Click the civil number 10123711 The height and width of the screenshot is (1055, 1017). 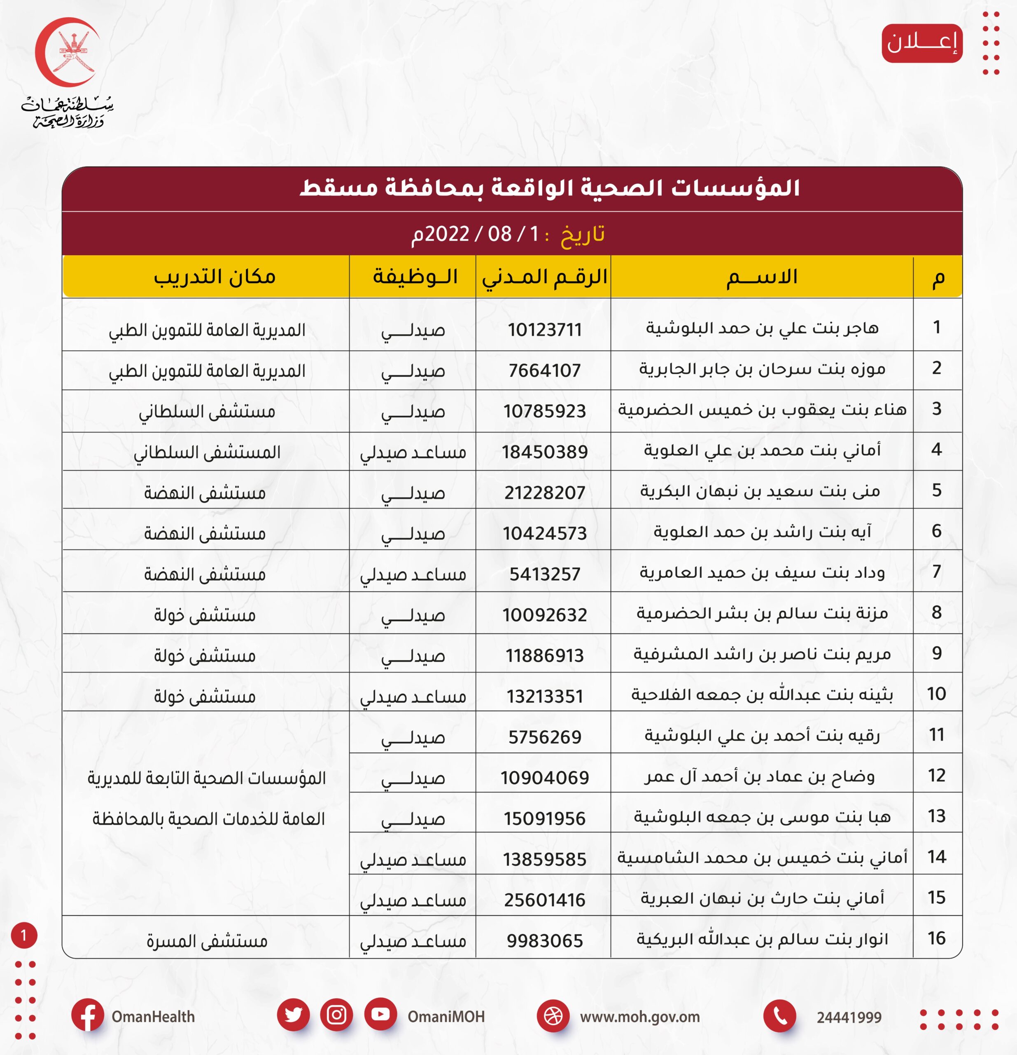pyautogui.click(x=544, y=329)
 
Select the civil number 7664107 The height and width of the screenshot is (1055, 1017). pyautogui.click(x=544, y=370)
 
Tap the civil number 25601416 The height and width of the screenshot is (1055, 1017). pyautogui.click(x=544, y=900)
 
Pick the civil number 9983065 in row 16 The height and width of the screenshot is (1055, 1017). pyautogui.click(x=544, y=940)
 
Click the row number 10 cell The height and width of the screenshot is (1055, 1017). pyautogui.click(x=936, y=694)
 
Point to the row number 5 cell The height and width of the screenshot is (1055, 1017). pyautogui.click(x=936, y=490)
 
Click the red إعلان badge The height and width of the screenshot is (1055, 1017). pyautogui.click(x=922, y=43)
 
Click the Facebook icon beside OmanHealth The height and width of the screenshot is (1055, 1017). pyautogui.click(x=87, y=1015)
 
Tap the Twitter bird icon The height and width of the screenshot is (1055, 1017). pyautogui.click(x=293, y=1015)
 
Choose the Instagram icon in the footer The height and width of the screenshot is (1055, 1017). pyautogui.click(x=337, y=1015)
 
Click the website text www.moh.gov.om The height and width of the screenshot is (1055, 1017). pyautogui.click(x=639, y=1017)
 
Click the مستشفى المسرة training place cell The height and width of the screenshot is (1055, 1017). pyautogui.click(x=207, y=941)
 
